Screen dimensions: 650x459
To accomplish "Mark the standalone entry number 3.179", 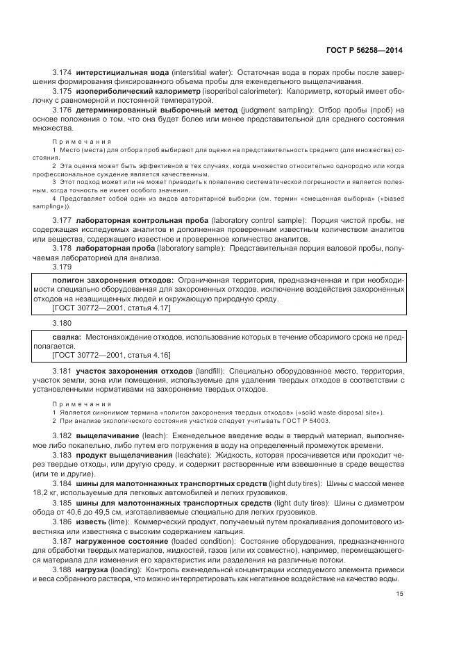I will pos(62,267).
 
